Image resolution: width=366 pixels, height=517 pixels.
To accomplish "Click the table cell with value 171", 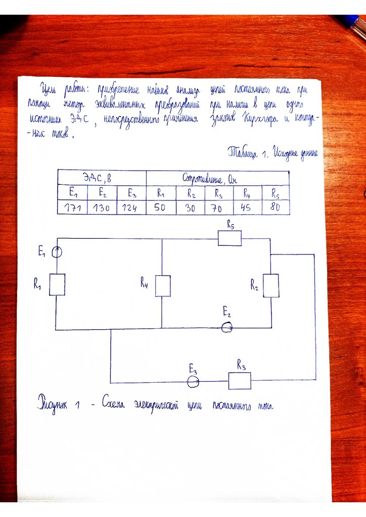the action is coord(72,208).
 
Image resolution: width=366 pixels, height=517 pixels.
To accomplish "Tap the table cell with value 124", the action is coord(131,208).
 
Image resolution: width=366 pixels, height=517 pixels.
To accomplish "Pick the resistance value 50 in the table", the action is coord(161,208).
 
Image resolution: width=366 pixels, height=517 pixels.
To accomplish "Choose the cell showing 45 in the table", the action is coord(248,208).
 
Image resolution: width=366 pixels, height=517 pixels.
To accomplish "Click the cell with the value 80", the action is coord(276,208).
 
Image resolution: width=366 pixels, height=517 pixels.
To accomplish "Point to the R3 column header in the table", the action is coord(219,193).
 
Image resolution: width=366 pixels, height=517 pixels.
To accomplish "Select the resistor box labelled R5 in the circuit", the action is coord(230,238).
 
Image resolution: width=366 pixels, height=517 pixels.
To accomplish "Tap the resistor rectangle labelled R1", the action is coord(57,284).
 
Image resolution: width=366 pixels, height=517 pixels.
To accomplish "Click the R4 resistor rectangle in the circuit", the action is coord(162,286).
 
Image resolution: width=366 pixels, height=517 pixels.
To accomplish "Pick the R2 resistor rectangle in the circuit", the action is coord(271,286).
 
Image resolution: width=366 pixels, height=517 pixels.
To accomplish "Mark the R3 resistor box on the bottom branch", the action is coord(240,381).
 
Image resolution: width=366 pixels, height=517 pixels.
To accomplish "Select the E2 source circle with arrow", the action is coord(227,328).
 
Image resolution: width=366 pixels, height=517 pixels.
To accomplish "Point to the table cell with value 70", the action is coord(219,208).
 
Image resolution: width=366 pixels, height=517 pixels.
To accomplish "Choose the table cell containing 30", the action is coord(190,208).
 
